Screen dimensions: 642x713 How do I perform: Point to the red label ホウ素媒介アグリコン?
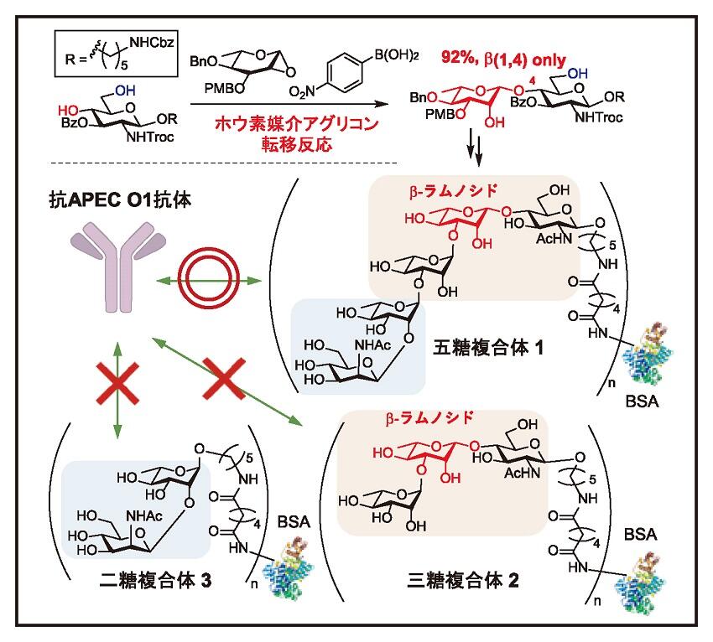(x=281, y=124)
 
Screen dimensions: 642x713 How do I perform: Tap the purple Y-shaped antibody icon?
(x=117, y=267)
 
